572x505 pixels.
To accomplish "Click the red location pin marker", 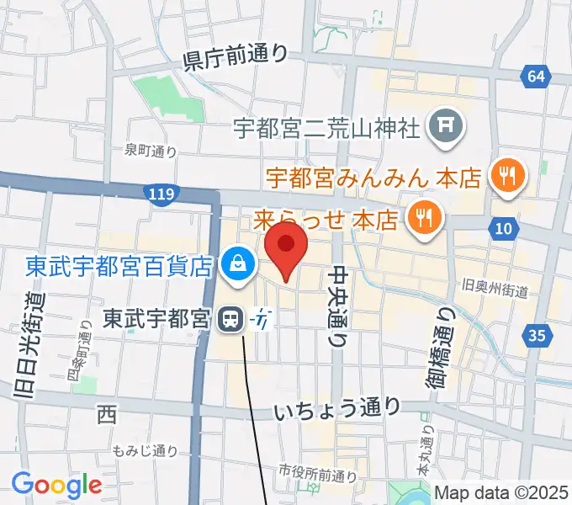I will point(286,247).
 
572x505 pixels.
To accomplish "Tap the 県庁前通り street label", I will point(235,57).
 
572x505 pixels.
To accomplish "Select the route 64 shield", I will point(536,77).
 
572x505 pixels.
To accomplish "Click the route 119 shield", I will point(160,195).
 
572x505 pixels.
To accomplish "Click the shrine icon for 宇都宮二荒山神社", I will point(446,127).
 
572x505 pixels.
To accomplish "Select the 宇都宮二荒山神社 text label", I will point(326,129).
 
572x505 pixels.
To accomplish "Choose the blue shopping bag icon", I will point(238,266).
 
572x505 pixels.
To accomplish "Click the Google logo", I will point(56,485).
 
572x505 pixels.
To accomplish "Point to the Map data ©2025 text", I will point(502,493).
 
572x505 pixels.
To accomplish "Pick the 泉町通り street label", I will point(151,151).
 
